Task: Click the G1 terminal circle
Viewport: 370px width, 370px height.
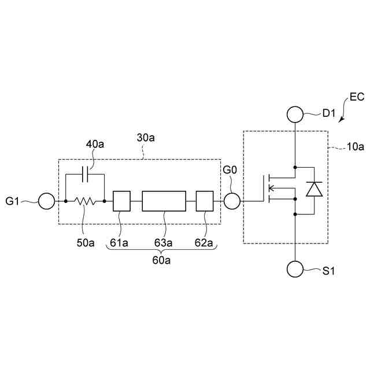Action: (46, 201)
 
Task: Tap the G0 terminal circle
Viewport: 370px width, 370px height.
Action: (232, 201)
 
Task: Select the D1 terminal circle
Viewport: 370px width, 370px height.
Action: (295, 114)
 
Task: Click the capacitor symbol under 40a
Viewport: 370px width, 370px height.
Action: (85, 173)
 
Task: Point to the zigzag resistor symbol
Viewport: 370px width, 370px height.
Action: (85, 201)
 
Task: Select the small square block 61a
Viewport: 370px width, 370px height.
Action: (121, 201)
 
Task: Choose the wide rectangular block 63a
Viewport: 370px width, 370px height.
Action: (164, 201)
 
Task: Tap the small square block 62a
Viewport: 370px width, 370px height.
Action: (205, 201)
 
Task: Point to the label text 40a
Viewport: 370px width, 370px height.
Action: (95, 143)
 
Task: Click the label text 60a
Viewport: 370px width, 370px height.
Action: (161, 261)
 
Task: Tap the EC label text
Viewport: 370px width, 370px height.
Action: (356, 97)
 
